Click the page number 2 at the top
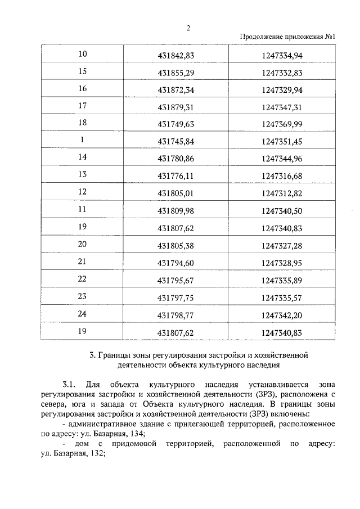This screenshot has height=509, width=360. [189, 28]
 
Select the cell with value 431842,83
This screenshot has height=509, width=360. [175, 55]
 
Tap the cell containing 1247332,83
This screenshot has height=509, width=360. [282, 72]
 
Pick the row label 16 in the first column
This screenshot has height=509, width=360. [83, 89]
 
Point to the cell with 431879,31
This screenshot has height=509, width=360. [175, 107]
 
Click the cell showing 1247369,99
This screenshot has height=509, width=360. [282, 124]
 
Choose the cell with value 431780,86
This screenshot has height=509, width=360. [175, 158]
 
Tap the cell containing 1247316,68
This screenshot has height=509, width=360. [282, 175]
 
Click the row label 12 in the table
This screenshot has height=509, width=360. [83, 192]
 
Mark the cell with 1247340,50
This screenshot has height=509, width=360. [282, 210]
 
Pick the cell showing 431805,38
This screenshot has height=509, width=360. [175, 245]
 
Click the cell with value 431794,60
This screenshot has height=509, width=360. [175, 263]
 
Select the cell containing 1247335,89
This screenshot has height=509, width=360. [282, 280]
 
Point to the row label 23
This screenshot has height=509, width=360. [83, 296]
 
